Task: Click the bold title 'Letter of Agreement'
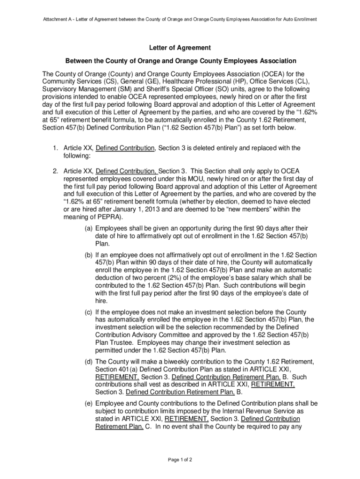click(180, 48)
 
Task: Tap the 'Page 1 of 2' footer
click(180, 459)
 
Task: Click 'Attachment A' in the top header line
click(58, 20)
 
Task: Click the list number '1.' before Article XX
click(55, 148)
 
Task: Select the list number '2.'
click(55, 172)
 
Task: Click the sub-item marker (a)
click(88, 229)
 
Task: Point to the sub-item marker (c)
click(88, 312)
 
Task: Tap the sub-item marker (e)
click(88, 403)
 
